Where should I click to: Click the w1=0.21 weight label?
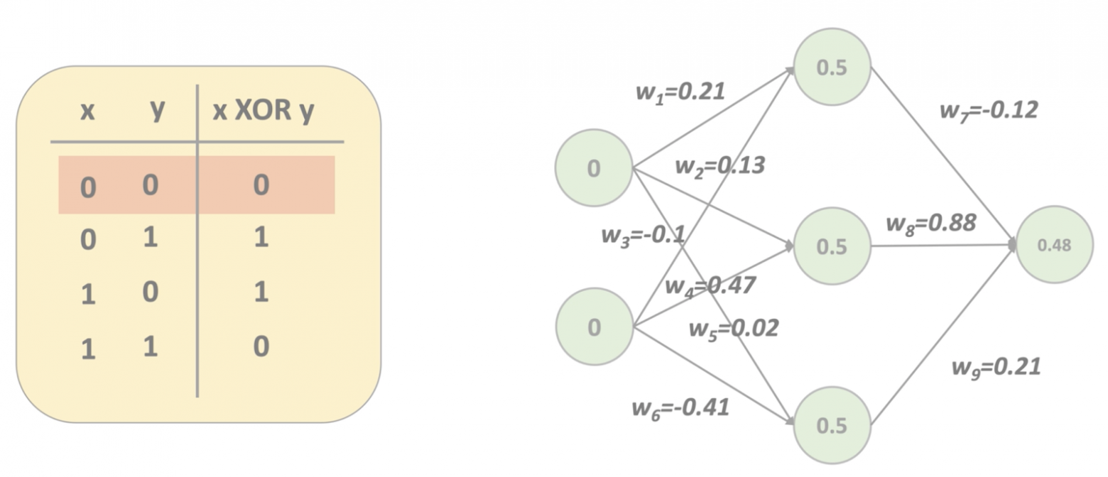(x=680, y=92)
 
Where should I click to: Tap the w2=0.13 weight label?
(x=719, y=166)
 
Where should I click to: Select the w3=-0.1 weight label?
(x=643, y=234)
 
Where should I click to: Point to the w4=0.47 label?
(x=710, y=286)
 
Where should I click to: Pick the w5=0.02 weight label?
(x=733, y=328)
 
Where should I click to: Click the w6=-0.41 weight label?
(x=680, y=408)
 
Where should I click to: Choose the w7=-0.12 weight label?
(x=988, y=111)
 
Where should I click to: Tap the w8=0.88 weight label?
(x=930, y=224)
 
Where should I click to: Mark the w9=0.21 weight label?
(x=996, y=367)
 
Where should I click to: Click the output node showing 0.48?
(x=1053, y=245)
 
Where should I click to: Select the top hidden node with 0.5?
(x=832, y=67)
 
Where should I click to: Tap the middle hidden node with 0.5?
(x=832, y=246)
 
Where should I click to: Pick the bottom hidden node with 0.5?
(x=832, y=425)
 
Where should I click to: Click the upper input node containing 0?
(x=594, y=168)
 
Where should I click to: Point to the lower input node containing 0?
(x=594, y=327)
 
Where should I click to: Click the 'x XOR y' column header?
(x=264, y=111)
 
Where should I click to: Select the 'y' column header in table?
(x=157, y=110)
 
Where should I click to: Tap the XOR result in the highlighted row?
(x=261, y=185)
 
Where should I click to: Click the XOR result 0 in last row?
(x=261, y=347)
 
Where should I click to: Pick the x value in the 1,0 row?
(x=87, y=294)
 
